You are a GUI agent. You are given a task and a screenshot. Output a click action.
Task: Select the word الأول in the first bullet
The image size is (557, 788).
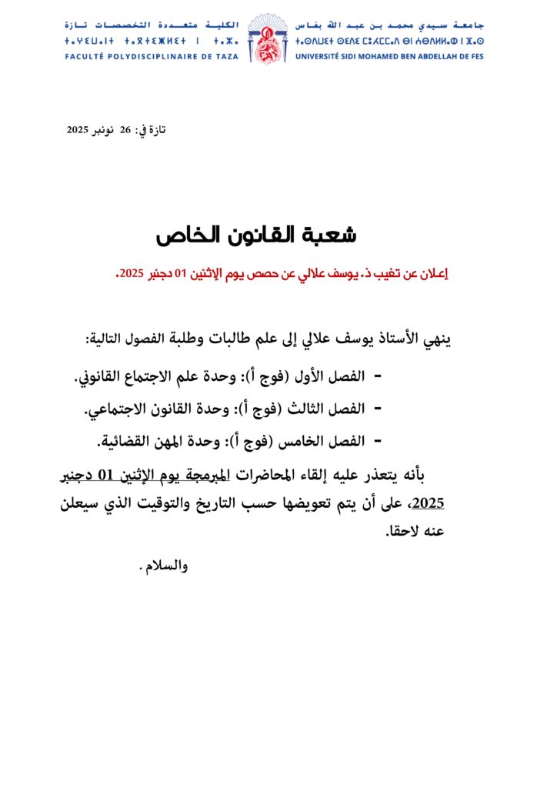317,379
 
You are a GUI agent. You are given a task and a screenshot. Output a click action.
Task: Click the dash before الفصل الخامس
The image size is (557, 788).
377,442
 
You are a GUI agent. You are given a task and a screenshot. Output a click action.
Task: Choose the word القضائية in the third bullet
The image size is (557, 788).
125,442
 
